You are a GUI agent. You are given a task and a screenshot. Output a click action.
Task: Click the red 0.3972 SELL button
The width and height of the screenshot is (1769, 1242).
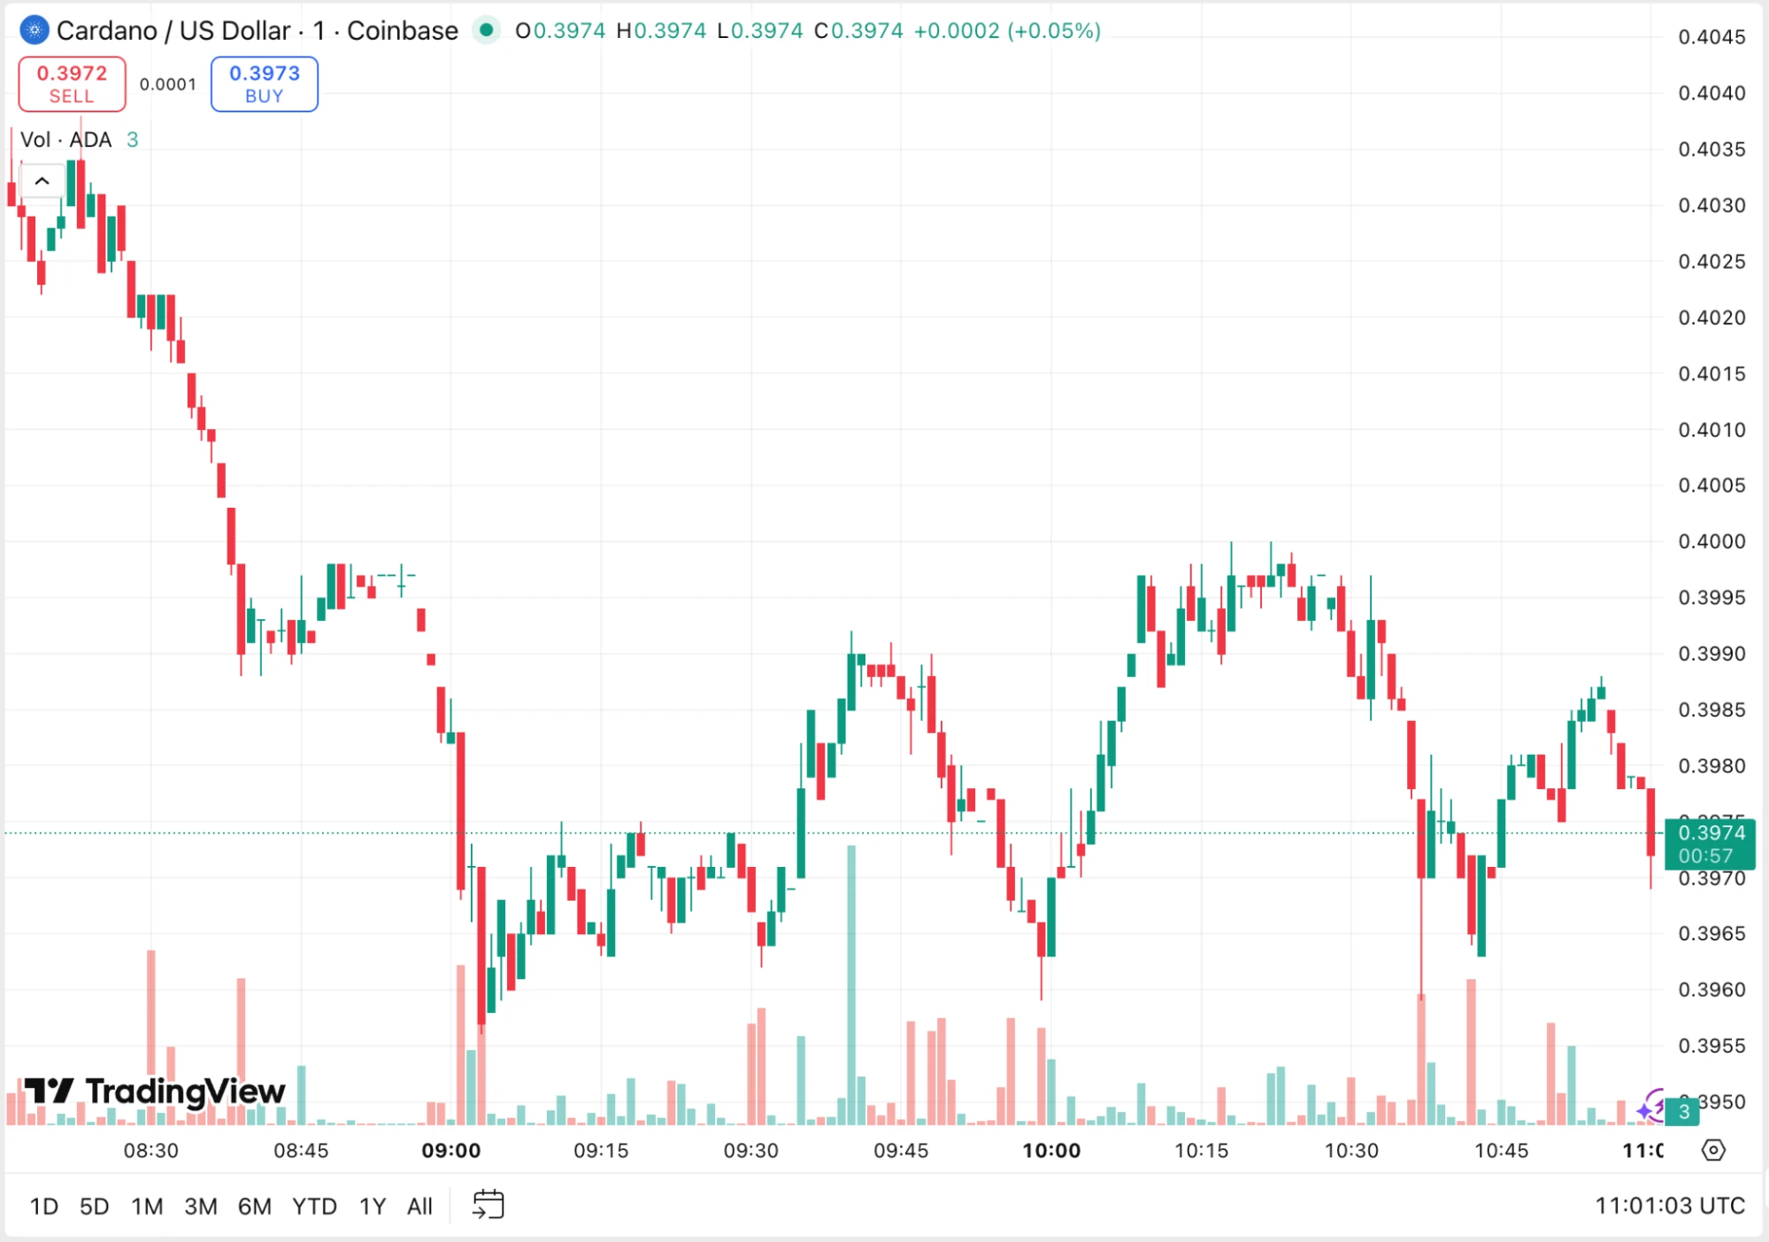coord(72,84)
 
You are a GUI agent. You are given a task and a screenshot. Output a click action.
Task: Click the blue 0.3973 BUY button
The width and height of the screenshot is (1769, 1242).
coord(264,84)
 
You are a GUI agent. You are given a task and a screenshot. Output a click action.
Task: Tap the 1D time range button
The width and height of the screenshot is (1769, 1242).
coord(43,1206)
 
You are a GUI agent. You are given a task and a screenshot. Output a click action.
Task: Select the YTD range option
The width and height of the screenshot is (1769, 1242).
coord(314,1206)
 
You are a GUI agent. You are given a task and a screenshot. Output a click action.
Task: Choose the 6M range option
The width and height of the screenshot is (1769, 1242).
coord(254,1206)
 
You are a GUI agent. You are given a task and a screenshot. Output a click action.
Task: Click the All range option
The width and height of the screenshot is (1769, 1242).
coord(419,1206)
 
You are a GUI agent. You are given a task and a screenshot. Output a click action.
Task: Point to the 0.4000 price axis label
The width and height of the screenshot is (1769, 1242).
coord(1711,541)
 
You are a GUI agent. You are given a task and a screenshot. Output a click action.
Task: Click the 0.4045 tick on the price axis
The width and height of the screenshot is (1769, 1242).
coord(1711,37)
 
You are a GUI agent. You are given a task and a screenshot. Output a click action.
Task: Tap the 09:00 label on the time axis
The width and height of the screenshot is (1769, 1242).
coord(450,1150)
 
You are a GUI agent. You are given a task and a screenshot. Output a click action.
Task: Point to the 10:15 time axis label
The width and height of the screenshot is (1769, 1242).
coord(1201,1150)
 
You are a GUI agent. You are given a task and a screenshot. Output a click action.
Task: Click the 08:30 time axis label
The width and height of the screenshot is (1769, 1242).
coord(150,1150)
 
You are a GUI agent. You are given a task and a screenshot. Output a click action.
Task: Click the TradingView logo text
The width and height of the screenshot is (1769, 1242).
coord(155,1092)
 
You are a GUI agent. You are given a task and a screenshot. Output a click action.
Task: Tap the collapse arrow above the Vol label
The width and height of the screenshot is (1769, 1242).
coord(42,181)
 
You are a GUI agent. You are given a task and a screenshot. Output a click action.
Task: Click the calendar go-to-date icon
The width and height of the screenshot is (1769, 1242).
coord(488,1205)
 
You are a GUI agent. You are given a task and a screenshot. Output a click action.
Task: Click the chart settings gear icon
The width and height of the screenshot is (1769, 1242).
coord(1713,1150)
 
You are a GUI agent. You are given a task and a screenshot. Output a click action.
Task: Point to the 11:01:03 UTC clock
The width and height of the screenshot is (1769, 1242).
coord(1669,1206)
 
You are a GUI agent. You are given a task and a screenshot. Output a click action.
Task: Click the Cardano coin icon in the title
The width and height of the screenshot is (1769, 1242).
coord(34,30)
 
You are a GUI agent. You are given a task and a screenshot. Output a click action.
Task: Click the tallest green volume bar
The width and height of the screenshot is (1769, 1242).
coord(851,982)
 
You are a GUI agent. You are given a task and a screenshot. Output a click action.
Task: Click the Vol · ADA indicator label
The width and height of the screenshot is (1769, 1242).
coord(66,140)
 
